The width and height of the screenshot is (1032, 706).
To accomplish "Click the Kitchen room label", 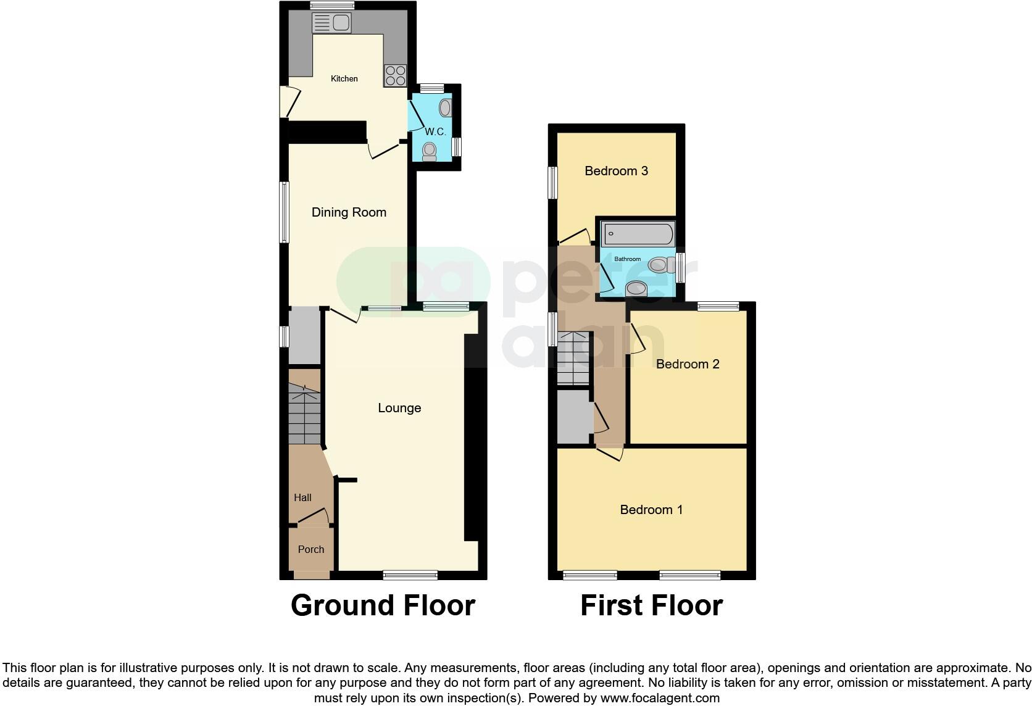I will click(344, 78).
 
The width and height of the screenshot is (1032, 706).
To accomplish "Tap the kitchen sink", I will click(332, 23).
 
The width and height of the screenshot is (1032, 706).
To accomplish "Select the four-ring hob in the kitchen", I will click(395, 75).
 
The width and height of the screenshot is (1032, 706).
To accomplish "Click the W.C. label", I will click(435, 131).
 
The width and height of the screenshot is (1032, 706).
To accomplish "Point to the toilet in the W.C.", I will click(429, 151).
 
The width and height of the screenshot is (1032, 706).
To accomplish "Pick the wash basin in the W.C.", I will click(446, 109).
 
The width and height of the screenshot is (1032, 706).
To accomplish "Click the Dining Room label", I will click(349, 212).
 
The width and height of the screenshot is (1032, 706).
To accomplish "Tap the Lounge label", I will click(399, 408).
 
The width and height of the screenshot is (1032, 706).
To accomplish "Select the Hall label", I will click(302, 497).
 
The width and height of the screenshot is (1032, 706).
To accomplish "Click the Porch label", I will click(310, 549).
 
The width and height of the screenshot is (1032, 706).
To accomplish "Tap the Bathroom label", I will click(627, 259).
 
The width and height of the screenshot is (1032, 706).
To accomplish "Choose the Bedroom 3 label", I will click(616, 171).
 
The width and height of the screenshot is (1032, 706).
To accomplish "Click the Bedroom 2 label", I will click(688, 364).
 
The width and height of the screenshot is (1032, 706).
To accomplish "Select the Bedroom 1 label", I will click(651, 510).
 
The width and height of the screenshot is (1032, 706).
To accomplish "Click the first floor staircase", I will click(573, 359).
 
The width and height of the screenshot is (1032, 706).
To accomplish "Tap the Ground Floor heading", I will click(383, 605).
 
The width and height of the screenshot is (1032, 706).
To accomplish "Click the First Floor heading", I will click(651, 605).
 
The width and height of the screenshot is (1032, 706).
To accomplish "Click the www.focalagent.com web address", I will click(660, 699).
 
